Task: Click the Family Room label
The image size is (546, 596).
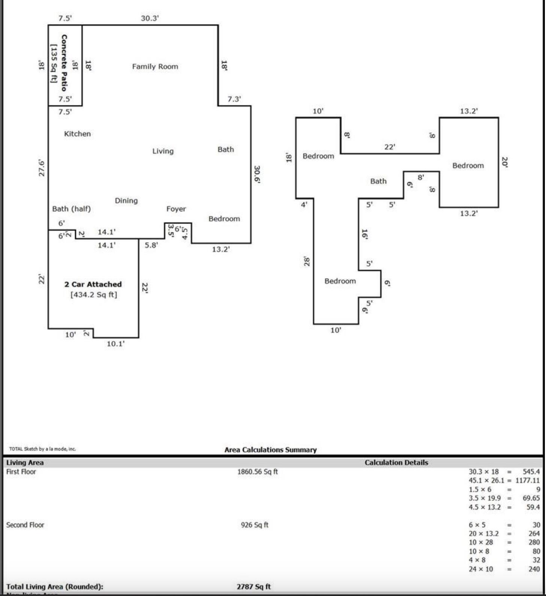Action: pos(155,67)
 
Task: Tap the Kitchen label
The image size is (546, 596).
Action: pos(78,134)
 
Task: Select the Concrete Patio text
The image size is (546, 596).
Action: pos(64,63)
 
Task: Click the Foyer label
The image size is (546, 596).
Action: pos(176,209)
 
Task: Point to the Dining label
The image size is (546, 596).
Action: pos(126,201)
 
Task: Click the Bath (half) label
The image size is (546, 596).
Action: pos(71,209)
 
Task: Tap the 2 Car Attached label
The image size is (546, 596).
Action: pos(93,284)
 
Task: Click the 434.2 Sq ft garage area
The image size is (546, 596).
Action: pos(94,295)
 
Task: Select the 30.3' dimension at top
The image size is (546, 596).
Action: pos(150,18)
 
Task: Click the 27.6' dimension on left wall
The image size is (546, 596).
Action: pos(42,168)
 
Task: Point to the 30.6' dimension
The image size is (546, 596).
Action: pos(257,174)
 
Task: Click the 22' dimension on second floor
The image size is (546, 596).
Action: pos(389,147)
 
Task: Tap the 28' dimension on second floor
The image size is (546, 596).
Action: pos(307,261)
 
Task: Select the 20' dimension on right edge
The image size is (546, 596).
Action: pos(504,162)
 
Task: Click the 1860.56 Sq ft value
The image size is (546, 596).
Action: pos(257,472)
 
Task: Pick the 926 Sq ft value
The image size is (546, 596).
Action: pos(254,525)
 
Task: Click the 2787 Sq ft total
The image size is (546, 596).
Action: pos(254,587)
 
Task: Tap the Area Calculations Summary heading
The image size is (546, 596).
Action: pos(270,449)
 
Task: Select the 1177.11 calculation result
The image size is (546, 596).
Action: pos(527,481)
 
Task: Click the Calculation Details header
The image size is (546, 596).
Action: pos(396,463)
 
